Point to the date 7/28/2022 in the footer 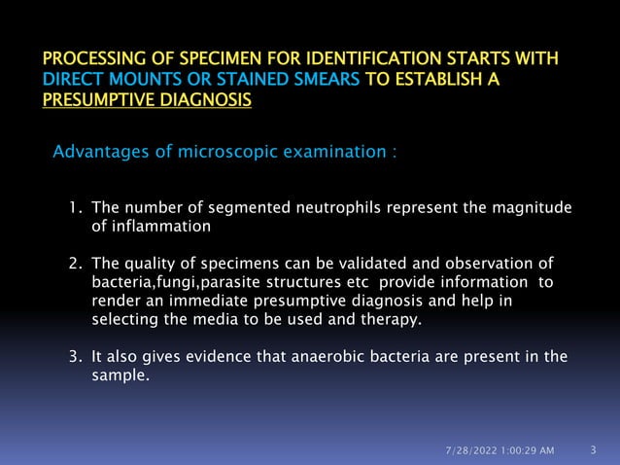click(x=469, y=450)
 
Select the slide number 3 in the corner click(x=593, y=449)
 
